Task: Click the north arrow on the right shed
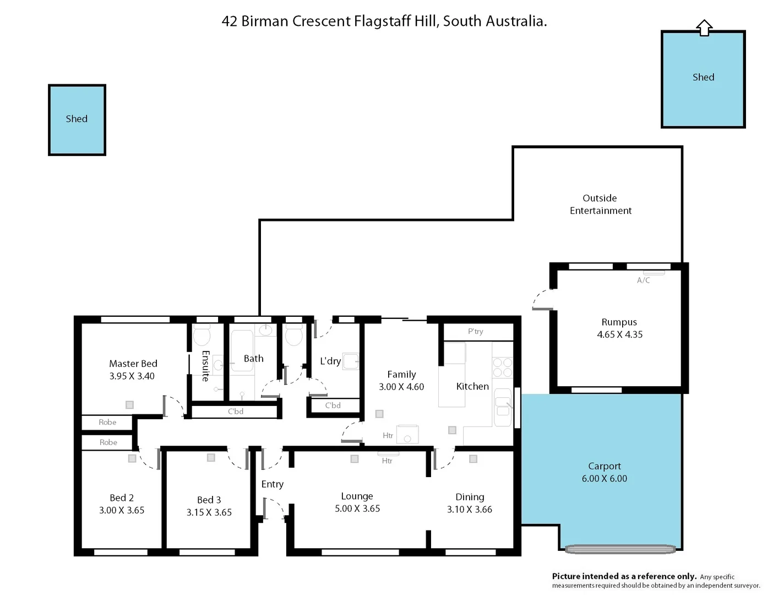pos(704,28)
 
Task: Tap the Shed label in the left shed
pos(77,119)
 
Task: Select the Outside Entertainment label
pos(600,204)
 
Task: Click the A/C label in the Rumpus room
pos(643,280)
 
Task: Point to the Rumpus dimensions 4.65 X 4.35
pos(619,334)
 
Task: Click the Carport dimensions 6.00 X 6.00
pos(604,479)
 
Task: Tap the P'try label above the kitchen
pos(475,332)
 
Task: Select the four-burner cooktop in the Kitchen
pos(502,367)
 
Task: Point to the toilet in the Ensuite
pos(202,335)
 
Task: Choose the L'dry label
pos(330,361)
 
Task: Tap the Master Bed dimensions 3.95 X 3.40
pos(132,376)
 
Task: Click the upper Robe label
pos(107,423)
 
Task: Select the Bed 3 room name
pos(209,500)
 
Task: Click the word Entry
pos(272,484)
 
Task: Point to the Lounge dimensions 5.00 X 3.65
pos(357,509)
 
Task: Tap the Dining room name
pos(470,497)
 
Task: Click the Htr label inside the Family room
pos(388,436)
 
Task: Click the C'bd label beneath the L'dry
pos(333,405)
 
